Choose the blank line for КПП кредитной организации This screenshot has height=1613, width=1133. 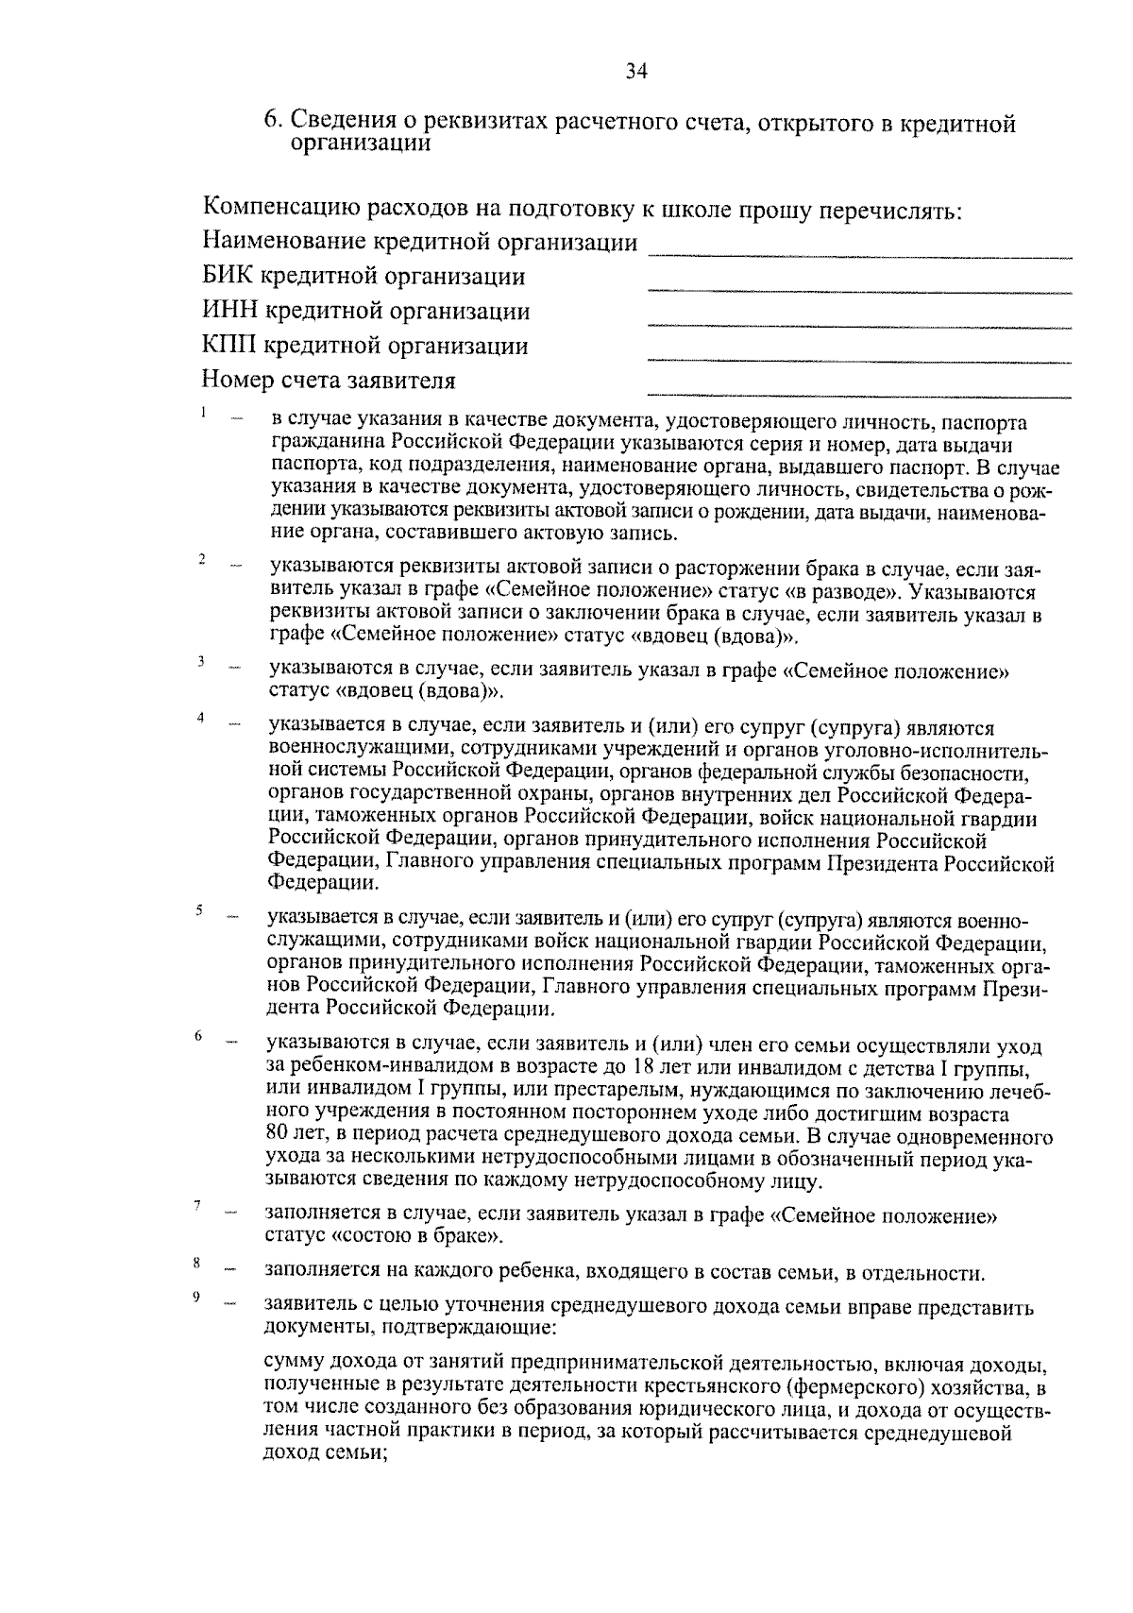coord(859,361)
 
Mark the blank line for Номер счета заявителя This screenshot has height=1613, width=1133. coord(859,395)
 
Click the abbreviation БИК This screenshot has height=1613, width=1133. coord(228,277)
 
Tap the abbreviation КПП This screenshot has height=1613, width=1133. coord(229,347)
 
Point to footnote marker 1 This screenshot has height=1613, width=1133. coord(202,412)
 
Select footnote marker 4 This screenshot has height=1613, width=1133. coord(201,718)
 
